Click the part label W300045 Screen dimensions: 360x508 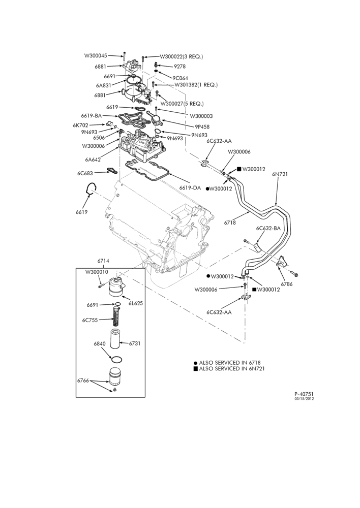pyautogui.click(x=96, y=55)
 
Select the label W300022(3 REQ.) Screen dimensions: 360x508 pyautogui.click(x=182, y=56)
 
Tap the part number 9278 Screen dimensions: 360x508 pyautogui.click(x=179, y=67)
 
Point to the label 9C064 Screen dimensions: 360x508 pyautogui.click(x=180, y=78)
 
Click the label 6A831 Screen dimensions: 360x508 pyautogui.click(x=104, y=85)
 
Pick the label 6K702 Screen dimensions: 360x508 pyautogui.click(x=80, y=124)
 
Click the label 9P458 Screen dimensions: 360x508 pyautogui.click(x=202, y=127)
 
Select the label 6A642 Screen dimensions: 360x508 pyautogui.click(x=93, y=159)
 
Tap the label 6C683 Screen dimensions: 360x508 pyautogui.click(x=85, y=173)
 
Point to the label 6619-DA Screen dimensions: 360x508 pyautogui.click(x=190, y=187)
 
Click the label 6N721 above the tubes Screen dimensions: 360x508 pyautogui.click(x=280, y=174)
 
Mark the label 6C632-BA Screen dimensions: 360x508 pyautogui.click(x=268, y=228)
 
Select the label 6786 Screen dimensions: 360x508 pyautogui.click(x=287, y=284)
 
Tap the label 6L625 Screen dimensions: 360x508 pyautogui.click(x=135, y=304)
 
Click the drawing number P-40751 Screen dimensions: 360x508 pyautogui.click(x=304, y=394)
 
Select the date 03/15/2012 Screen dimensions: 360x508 pyautogui.click(x=304, y=398)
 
